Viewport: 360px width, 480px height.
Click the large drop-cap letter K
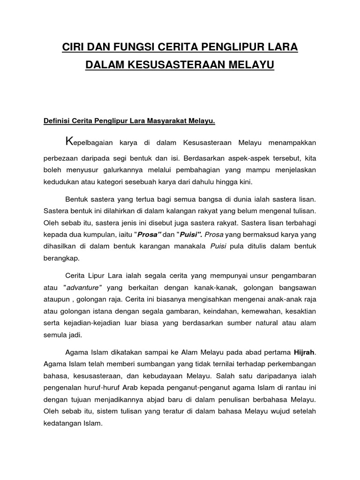[x=69, y=141]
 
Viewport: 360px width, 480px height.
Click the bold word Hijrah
[x=307, y=352]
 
